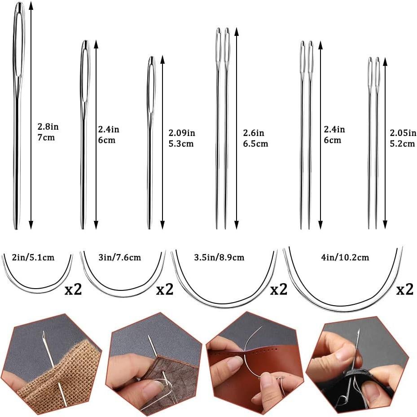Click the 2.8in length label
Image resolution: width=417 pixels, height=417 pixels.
click(x=48, y=127)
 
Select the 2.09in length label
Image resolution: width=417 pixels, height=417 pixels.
click(x=182, y=133)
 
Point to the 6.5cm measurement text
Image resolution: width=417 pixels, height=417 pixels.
click(x=255, y=144)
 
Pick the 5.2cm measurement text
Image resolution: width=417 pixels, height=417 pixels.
click(x=402, y=144)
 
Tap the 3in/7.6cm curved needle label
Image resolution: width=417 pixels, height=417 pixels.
click(x=119, y=258)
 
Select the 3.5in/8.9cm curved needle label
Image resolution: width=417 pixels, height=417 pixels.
click(x=219, y=258)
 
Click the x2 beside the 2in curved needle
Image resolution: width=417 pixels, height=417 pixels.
click(x=73, y=290)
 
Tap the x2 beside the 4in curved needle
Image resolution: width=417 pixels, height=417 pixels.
click(x=404, y=290)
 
